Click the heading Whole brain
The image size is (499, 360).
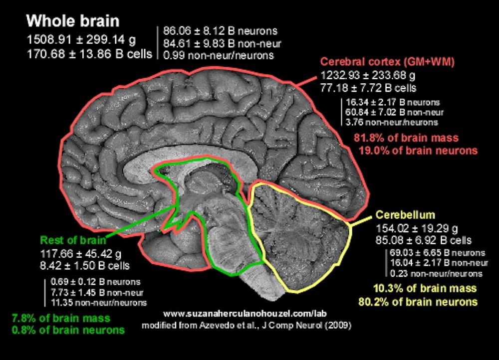[73, 21]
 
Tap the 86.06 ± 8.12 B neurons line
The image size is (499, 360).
[220, 31]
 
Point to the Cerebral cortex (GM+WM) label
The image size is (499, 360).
[390, 62]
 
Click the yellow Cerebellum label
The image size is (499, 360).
[405, 215]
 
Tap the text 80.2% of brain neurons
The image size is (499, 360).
[418, 302]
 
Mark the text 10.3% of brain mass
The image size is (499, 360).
[425, 289]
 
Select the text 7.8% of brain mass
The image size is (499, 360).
[60, 318]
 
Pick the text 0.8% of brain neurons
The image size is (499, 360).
[68, 330]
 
